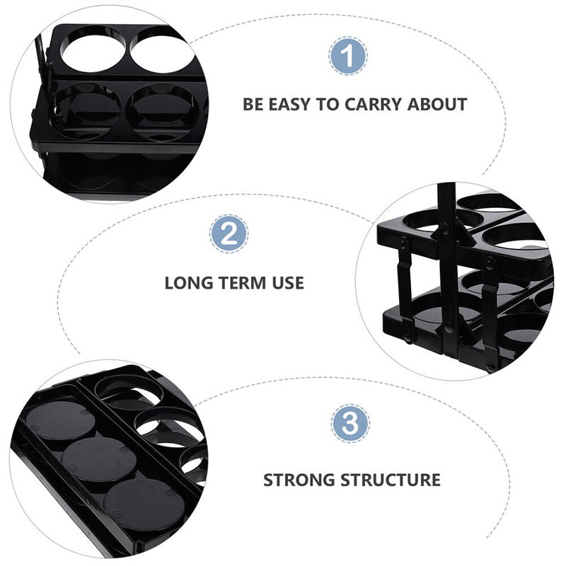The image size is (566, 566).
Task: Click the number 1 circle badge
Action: (348, 57)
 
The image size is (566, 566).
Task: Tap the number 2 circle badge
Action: (230, 233)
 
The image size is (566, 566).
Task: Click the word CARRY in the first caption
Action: (375, 105)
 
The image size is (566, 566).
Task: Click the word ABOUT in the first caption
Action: (437, 105)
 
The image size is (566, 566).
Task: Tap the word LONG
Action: (187, 283)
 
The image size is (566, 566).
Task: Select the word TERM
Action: (241, 283)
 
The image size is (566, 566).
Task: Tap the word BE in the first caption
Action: (253, 105)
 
